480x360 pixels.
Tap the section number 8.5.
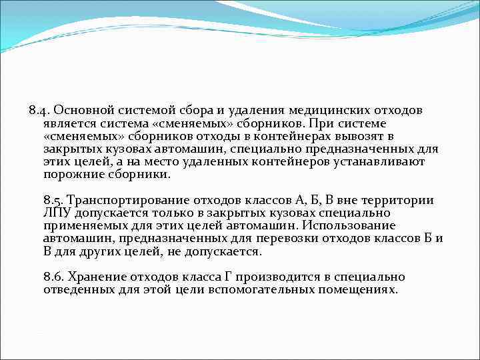click(53, 200)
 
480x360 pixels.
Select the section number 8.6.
click(53, 277)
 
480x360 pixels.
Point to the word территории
click(402, 200)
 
